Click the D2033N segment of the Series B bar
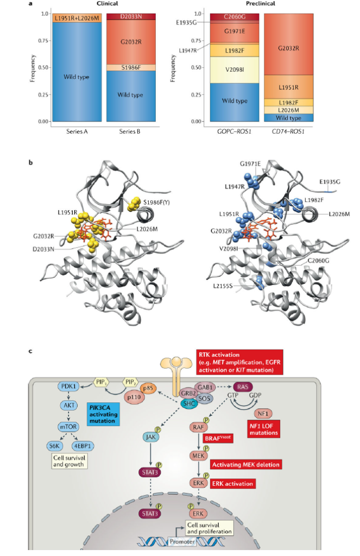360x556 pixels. (x=125, y=17)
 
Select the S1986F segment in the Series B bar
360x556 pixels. (x=125, y=67)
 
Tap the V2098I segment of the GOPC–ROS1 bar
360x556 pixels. (x=235, y=69)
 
